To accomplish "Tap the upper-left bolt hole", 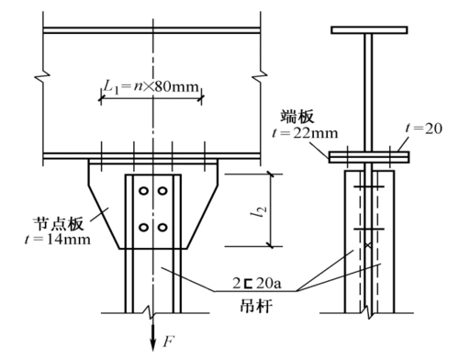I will pyautogui.click(x=142, y=192).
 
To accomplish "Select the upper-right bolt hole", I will pyautogui.click(x=162, y=192).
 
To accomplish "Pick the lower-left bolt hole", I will pyautogui.click(x=142, y=225).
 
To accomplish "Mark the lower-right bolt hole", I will pyautogui.click(x=162, y=225).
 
